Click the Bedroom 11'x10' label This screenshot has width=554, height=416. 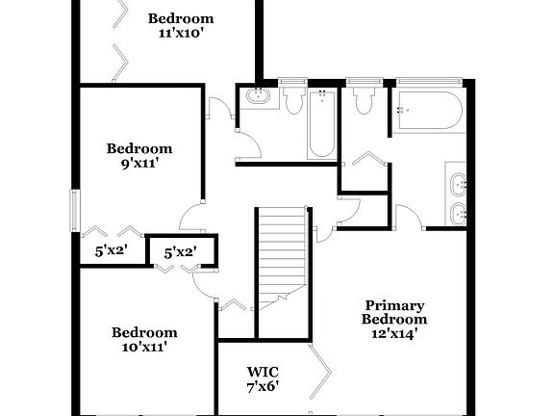tap(180, 26)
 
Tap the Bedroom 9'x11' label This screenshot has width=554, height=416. tap(139, 156)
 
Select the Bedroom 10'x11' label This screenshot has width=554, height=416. tap(144, 340)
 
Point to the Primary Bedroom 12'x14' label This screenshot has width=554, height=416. tap(394, 320)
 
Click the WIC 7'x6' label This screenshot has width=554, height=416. tap(263, 379)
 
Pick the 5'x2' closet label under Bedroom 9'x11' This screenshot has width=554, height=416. tap(111, 250)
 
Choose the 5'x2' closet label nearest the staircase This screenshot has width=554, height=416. tap(180, 252)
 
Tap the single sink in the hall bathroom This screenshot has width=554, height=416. tap(258, 97)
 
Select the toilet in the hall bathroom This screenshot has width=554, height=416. tap(294, 99)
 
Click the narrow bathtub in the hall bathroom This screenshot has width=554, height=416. tap(320, 123)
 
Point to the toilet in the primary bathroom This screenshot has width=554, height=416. tap(364, 100)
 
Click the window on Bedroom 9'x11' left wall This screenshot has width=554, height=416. tap(74, 210)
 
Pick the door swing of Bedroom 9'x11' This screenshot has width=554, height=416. tap(191, 220)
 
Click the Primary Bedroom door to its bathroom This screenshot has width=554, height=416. tap(410, 217)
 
